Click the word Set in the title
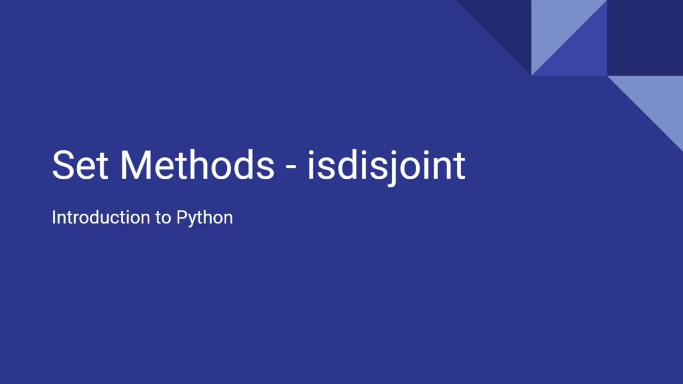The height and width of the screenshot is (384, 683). click(80, 165)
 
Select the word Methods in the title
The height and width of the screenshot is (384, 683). click(197, 165)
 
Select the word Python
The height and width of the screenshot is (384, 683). click(204, 218)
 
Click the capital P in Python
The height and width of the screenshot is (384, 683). click(181, 218)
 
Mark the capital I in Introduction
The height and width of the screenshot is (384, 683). click(54, 218)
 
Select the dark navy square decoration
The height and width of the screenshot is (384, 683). click(645, 37)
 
